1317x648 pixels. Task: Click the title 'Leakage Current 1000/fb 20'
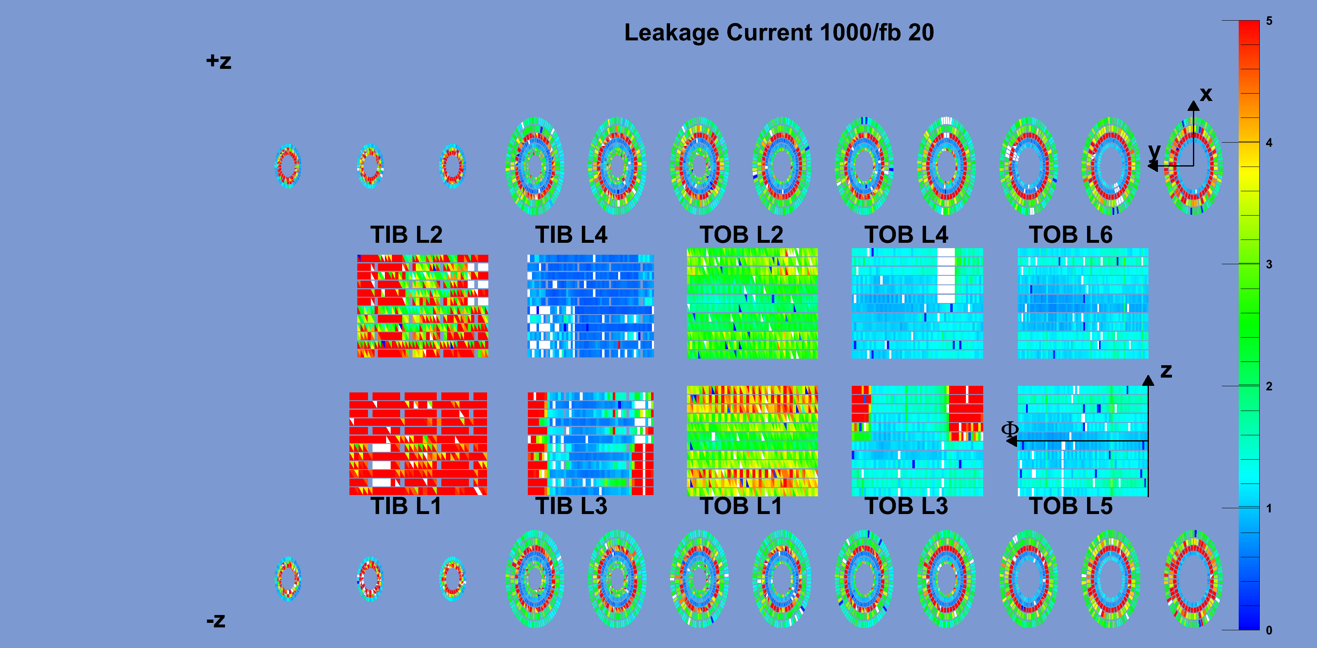coord(779,32)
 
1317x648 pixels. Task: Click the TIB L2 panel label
coord(406,235)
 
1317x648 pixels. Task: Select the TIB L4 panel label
coord(571,235)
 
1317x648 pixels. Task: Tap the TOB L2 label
coord(741,235)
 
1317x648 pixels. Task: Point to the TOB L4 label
coord(907,235)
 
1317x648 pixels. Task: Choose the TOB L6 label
coord(1071,235)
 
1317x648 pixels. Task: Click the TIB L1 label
coord(406,506)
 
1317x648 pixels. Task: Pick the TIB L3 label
coord(571,506)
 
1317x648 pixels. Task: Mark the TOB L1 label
coord(741,506)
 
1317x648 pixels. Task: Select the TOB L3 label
coord(907,506)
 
